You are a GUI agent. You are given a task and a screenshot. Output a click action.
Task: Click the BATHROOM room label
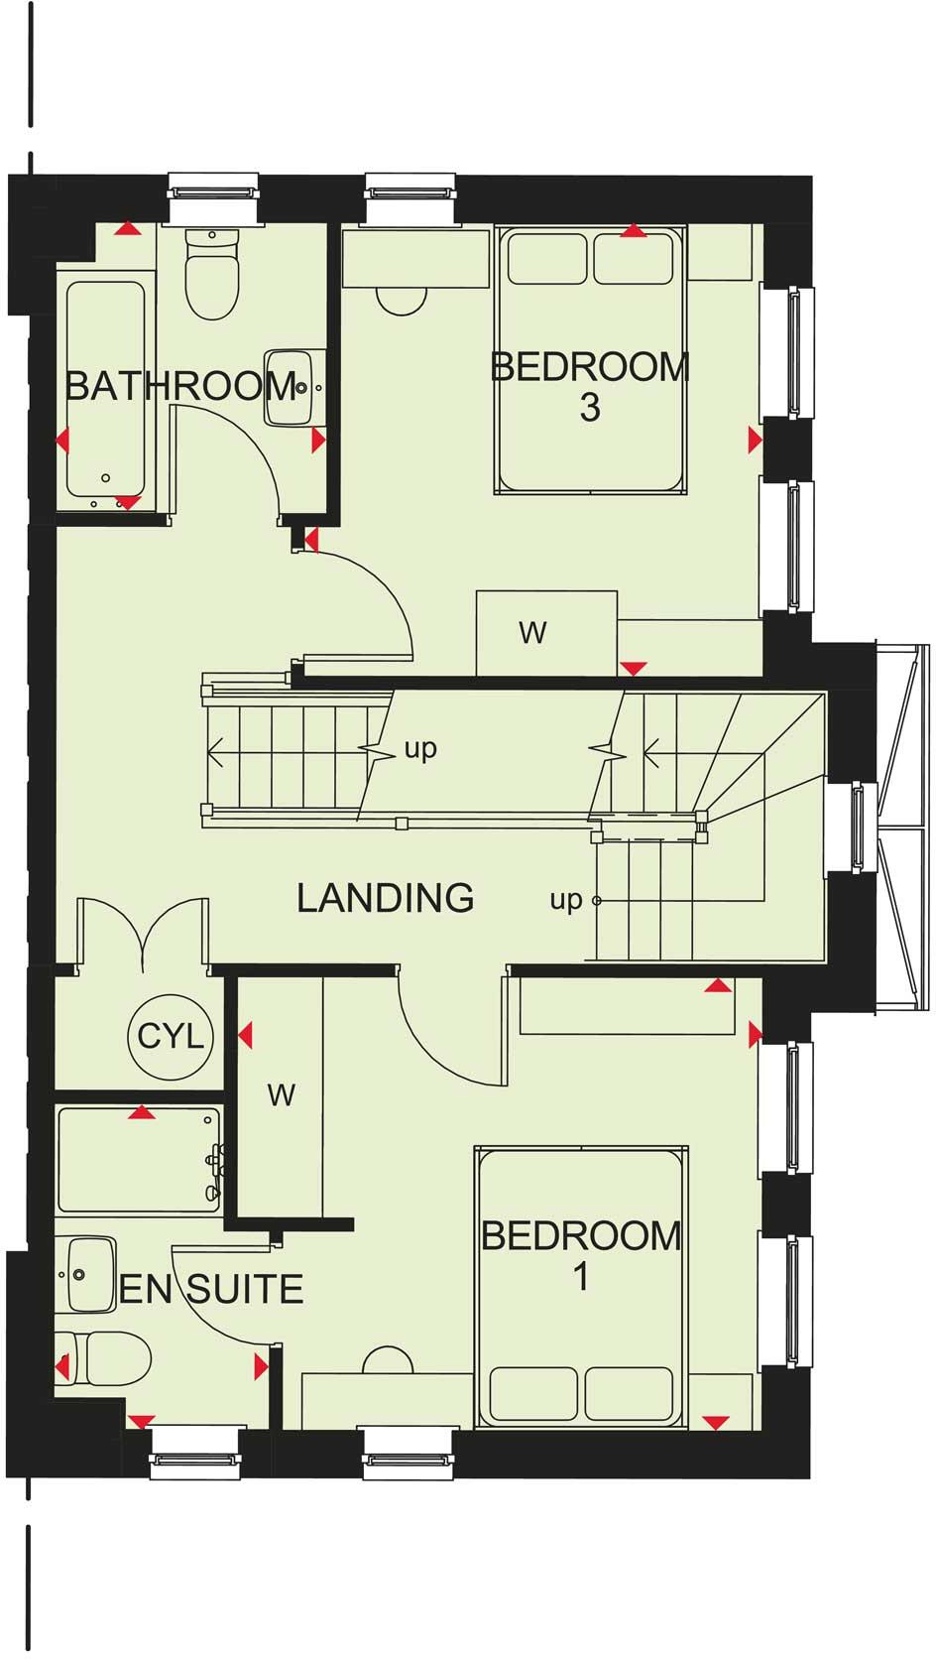(x=180, y=385)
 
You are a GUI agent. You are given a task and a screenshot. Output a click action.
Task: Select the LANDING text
(x=386, y=898)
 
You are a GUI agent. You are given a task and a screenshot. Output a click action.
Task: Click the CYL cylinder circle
(x=171, y=1037)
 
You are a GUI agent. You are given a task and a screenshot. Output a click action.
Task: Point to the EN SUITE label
(x=211, y=1289)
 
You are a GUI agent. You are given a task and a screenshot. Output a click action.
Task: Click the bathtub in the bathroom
(x=106, y=389)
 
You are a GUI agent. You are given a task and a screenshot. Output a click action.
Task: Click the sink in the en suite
(x=87, y=1273)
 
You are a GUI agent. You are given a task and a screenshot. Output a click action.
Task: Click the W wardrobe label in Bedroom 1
(x=282, y=1095)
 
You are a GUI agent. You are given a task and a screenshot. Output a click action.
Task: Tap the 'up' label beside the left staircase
(x=420, y=748)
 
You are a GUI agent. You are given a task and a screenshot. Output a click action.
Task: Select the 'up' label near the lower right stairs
(x=566, y=900)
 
